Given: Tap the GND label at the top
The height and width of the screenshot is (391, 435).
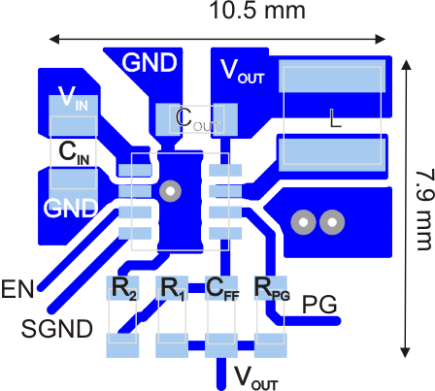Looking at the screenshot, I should point(150,63).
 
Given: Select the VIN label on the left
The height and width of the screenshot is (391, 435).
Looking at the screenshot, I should point(73,97).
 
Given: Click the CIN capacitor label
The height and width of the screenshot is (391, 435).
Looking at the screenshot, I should point(75,151).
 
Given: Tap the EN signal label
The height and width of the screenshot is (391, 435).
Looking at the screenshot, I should point(17,288).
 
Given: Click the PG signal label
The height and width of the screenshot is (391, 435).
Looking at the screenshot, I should point(319,305).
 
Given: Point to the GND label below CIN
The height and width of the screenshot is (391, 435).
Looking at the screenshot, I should point(71,207).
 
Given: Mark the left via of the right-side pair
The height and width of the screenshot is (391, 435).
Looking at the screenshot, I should point(304,223).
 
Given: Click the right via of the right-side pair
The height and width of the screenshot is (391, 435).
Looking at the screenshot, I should point(332,223).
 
